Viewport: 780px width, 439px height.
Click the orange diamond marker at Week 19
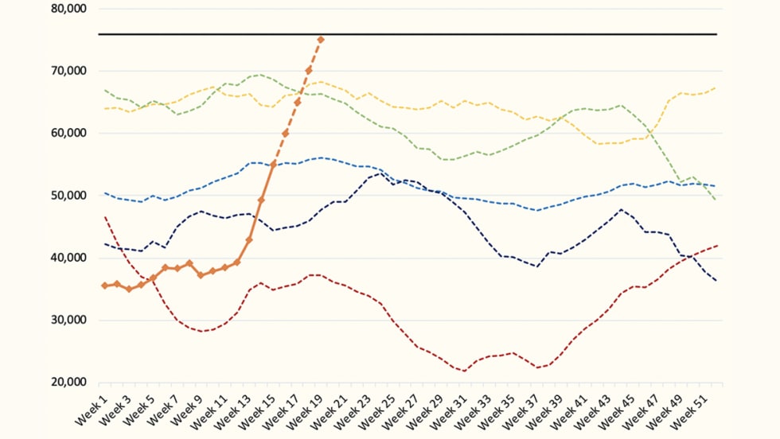pyautogui.click(x=321, y=39)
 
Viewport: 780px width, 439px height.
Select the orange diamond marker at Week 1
pyautogui.click(x=104, y=286)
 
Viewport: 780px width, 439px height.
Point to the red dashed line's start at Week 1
pyautogui.click(x=104, y=216)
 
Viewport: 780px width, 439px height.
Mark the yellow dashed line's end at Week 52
pyautogui.click(x=716, y=87)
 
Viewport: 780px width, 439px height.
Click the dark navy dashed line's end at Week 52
pyautogui.click(x=716, y=281)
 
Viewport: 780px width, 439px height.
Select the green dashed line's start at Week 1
pyautogui.click(x=104, y=90)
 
